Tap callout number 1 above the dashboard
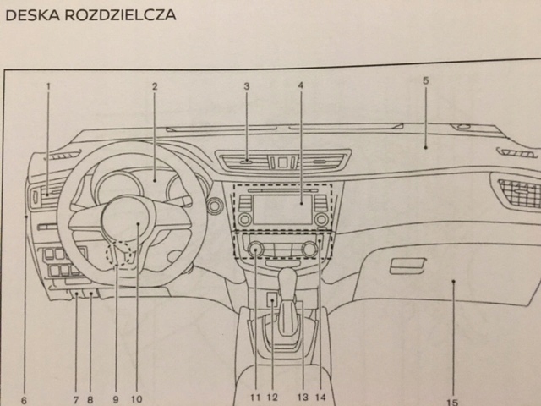tap(48, 86)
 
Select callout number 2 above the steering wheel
tap(155, 86)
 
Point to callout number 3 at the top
tap(246, 86)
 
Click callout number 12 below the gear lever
tap(272, 397)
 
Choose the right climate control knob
tap(310, 250)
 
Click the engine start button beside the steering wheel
tap(214, 205)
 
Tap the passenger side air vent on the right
tap(516, 193)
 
